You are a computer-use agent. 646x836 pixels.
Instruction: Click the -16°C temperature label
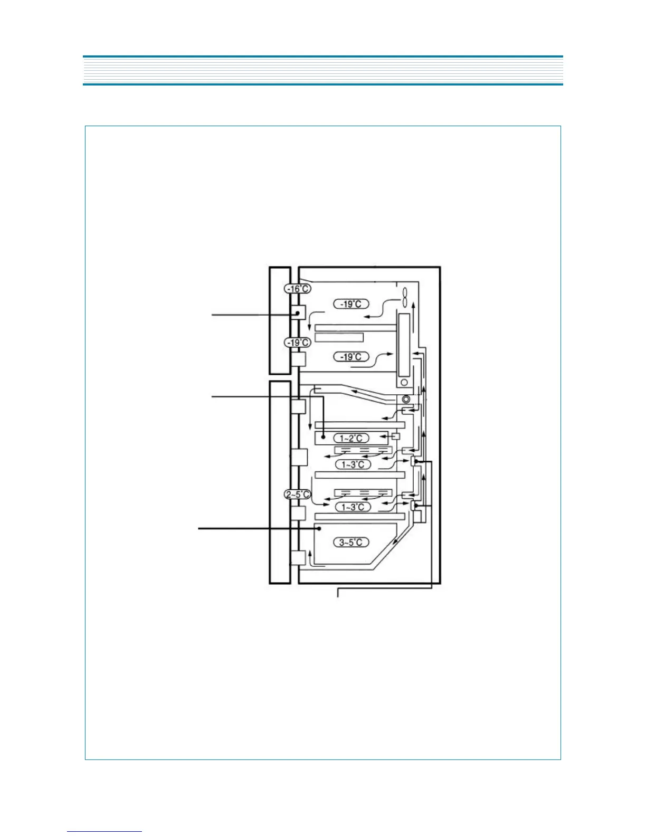pyautogui.click(x=298, y=289)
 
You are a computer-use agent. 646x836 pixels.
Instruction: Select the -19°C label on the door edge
pyautogui.click(x=298, y=343)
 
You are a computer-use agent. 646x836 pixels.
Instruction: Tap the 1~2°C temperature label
pyautogui.click(x=351, y=438)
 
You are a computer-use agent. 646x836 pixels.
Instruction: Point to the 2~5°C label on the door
pyautogui.click(x=298, y=495)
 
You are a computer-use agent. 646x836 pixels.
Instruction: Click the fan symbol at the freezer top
pyautogui.click(x=405, y=297)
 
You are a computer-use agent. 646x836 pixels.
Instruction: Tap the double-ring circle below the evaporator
pyautogui.click(x=406, y=399)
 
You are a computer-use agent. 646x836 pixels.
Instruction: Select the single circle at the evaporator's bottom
pyautogui.click(x=404, y=382)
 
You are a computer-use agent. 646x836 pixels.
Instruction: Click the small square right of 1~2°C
pyautogui.click(x=395, y=436)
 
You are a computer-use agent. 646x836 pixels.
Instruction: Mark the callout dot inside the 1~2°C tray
pyautogui.click(x=323, y=438)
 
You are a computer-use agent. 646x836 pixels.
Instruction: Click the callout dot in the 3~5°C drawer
pyautogui.click(x=318, y=528)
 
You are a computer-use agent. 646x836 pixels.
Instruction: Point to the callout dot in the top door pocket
pyautogui.click(x=298, y=313)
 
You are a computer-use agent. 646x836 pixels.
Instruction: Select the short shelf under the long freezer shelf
pyautogui.click(x=339, y=337)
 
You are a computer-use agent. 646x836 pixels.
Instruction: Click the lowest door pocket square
pyautogui.click(x=298, y=558)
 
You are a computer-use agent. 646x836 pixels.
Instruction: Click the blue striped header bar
pyautogui.click(x=322, y=70)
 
